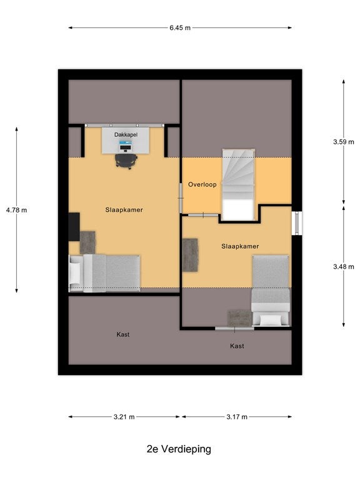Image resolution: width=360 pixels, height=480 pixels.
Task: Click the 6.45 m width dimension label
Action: click(180, 28)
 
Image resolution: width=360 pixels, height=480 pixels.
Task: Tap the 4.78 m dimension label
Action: click(16, 210)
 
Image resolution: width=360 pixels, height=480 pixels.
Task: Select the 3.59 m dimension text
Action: click(344, 142)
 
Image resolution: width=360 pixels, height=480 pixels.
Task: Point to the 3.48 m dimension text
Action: click(344, 267)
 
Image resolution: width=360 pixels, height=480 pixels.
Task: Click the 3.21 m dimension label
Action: click(124, 417)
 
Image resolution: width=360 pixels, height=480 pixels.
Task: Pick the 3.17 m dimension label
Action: click(237, 417)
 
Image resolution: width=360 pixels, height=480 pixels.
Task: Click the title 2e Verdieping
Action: click(179, 449)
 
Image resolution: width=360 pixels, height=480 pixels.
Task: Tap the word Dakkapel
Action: click(126, 135)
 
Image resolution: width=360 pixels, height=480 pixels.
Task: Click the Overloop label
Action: click(202, 184)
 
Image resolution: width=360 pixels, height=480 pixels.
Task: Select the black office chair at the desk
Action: click(126, 161)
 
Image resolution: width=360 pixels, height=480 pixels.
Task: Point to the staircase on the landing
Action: click(239, 184)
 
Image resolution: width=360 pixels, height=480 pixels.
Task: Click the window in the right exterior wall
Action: click(297, 223)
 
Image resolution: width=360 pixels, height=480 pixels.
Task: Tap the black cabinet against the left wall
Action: click(74, 227)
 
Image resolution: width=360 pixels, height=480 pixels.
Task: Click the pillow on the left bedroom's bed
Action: click(74, 272)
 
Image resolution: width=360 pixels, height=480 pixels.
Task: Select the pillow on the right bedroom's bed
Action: click(271, 320)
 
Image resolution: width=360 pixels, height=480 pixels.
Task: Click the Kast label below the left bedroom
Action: click(122, 334)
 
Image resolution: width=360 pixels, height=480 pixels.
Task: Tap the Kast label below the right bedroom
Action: click(237, 346)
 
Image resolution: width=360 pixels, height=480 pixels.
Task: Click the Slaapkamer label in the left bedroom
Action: click(124, 210)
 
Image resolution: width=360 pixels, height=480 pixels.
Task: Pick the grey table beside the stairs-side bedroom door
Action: click(190, 255)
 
